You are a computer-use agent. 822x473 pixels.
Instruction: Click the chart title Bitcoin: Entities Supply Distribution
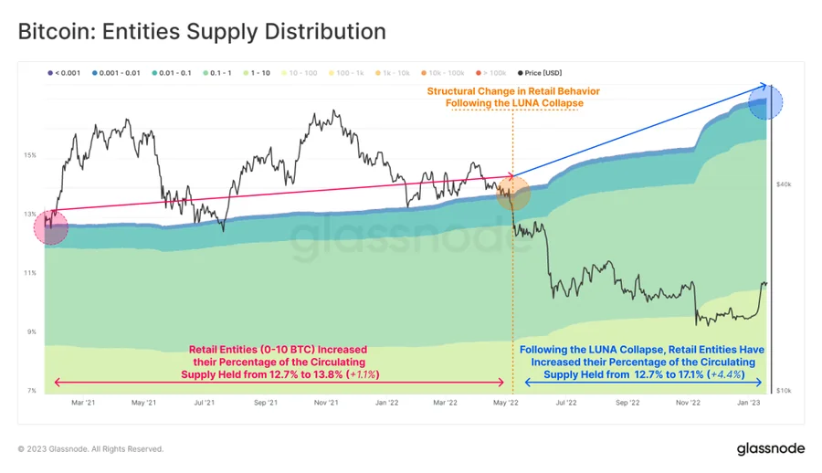point(202,32)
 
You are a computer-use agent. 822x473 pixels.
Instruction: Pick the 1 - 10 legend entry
point(257,72)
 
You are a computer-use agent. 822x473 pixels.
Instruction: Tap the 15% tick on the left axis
point(30,156)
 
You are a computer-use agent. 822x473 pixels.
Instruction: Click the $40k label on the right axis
point(783,184)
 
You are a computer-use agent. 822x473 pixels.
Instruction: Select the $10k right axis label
point(783,391)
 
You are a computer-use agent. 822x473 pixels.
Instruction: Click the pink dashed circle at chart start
point(50,227)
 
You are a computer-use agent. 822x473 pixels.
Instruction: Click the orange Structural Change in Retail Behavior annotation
point(514,97)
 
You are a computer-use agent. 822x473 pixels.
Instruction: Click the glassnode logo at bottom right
point(769,448)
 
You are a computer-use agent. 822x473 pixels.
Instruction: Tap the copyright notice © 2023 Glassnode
point(91,449)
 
